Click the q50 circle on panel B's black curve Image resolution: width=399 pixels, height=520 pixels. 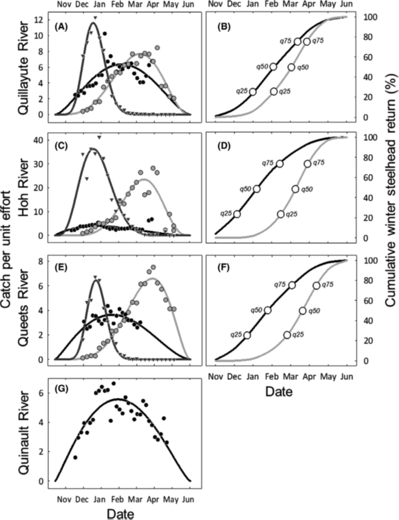tap(273, 67)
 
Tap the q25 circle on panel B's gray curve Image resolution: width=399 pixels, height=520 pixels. tap(274, 91)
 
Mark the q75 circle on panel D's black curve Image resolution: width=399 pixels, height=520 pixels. tap(280, 164)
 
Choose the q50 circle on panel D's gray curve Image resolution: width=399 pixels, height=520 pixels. tap(296, 189)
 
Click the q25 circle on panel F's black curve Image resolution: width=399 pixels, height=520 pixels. tap(247, 335)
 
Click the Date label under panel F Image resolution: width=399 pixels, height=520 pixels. tap(279, 392)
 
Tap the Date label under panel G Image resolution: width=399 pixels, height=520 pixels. tap(124, 513)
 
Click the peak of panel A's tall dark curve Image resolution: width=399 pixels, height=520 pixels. tap(94, 23)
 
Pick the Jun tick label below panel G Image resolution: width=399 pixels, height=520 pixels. tap(188, 499)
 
